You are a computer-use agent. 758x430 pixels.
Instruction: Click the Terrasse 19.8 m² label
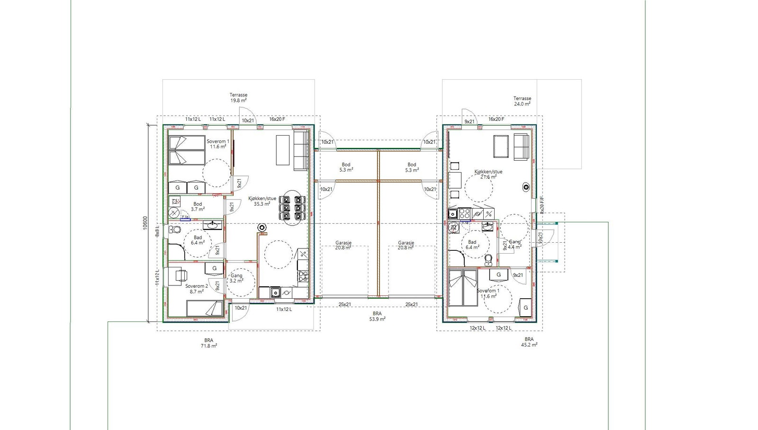pyautogui.click(x=238, y=98)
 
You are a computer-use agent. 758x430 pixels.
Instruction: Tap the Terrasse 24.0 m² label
pyautogui.click(x=522, y=101)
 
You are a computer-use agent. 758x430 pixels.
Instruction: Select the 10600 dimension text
pyautogui.click(x=145, y=223)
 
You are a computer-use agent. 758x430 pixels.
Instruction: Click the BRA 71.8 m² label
pyautogui.click(x=208, y=343)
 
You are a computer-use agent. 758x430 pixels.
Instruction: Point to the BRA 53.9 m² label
pyautogui.click(x=377, y=316)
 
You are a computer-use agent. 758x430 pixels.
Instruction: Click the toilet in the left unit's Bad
pyautogui.click(x=175, y=230)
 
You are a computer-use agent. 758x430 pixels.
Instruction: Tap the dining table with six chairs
pyautogui.click(x=292, y=208)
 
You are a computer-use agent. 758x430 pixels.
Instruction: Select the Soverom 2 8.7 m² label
pyautogui.click(x=196, y=289)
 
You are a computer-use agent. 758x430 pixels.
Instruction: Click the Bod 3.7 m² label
pyautogui.click(x=198, y=206)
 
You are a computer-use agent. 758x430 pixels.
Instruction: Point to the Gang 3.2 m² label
pyautogui.click(x=236, y=278)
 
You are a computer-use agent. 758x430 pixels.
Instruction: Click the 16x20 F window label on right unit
pyautogui.click(x=496, y=119)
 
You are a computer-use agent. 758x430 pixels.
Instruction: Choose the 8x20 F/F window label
pyautogui.click(x=542, y=205)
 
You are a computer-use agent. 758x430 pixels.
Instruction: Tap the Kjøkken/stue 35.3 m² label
pyautogui.click(x=262, y=201)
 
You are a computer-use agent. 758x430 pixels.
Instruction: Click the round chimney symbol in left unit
pyautogui.click(x=262, y=228)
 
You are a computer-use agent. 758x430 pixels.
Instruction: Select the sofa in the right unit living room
pyautogui.click(x=521, y=146)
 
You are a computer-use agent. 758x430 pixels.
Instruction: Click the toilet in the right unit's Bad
pyautogui.click(x=488, y=259)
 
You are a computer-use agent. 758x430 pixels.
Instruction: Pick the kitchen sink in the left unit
pyautogui.click(x=275, y=293)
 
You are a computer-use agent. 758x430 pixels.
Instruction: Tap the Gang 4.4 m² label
pyautogui.click(x=514, y=244)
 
